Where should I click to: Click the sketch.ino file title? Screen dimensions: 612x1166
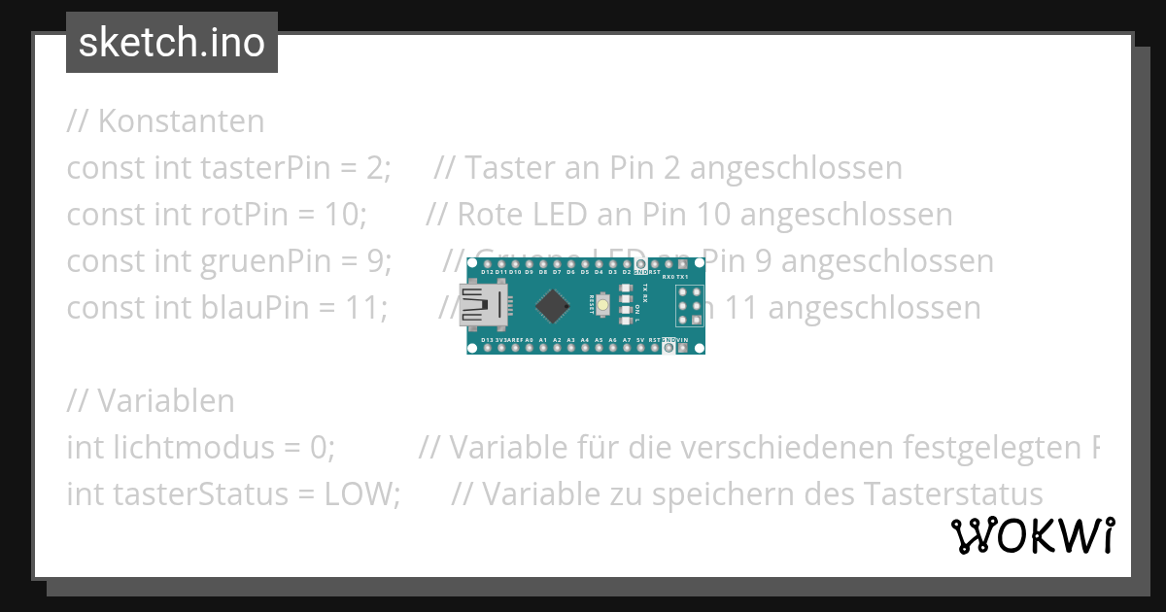point(171,43)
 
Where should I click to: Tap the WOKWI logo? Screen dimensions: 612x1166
point(1032,536)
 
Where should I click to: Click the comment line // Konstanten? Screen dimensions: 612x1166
point(165,121)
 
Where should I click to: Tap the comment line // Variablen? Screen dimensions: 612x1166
point(151,401)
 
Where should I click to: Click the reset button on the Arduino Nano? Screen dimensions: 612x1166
point(604,305)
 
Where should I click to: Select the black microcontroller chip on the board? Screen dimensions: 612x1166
point(552,306)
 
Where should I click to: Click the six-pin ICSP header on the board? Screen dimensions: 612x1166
point(689,306)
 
